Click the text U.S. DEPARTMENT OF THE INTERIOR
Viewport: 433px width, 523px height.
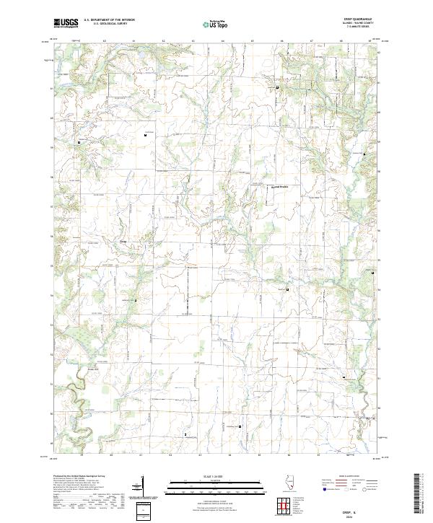click(109, 20)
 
